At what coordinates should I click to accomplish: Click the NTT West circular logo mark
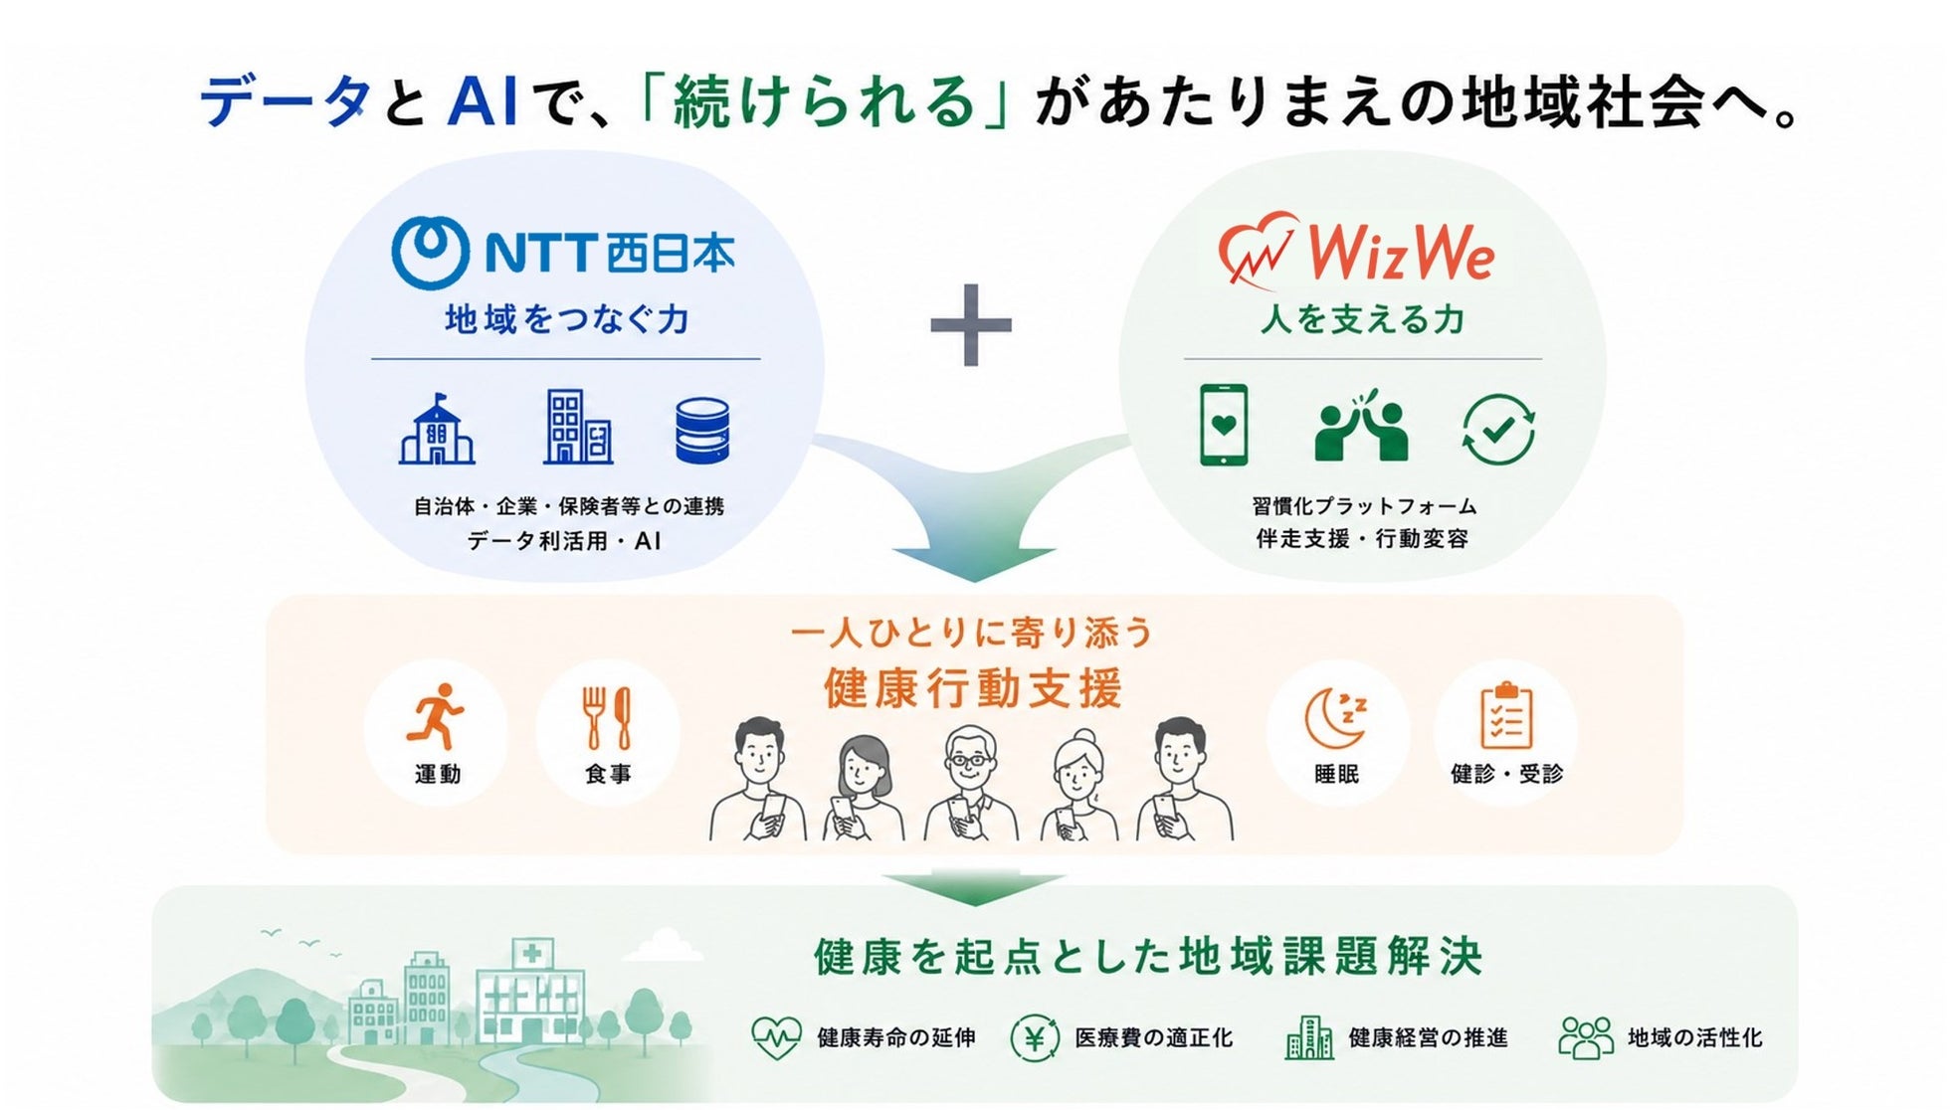coord(430,253)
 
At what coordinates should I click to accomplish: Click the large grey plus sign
coord(971,325)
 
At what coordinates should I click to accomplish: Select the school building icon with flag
coord(437,429)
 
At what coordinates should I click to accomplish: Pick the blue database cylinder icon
coord(702,431)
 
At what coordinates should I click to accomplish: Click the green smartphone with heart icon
coord(1224,425)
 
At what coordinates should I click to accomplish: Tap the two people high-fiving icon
coord(1360,426)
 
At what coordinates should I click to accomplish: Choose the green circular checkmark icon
coord(1498,430)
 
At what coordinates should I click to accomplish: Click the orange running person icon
coord(436,715)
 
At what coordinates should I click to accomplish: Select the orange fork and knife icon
coord(607,717)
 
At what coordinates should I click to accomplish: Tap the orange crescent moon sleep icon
coord(1336,717)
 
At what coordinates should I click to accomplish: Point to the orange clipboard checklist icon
coord(1506,715)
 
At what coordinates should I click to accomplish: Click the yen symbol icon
coord(1035,1038)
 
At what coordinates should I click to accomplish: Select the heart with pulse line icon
coord(776,1038)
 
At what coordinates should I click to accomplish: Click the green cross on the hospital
coord(532,953)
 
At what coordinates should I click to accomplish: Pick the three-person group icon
coord(1586,1037)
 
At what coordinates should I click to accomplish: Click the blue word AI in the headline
coord(484,102)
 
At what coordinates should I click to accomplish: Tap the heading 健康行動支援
coord(973,688)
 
